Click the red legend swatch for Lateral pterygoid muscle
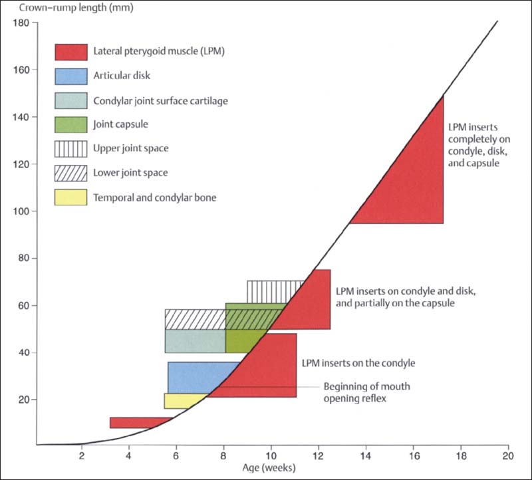pyautogui.click(x=70, y=52)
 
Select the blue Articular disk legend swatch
pyautogui.click(x=70, y=76)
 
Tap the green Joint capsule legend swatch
pyautogui.click(x=70, y=124)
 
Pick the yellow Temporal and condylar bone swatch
pyautogui.click(x=70, y=197)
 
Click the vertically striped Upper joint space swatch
pyautogui.click(x=70, y=148)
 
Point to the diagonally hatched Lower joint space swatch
pyautogui.click(x=70, y=173)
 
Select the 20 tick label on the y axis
pyautogui.click(x=22, y=400)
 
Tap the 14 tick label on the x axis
pyautogui.click(x=365, y=456)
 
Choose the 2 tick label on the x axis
pyautogui.click(x=81, y=456)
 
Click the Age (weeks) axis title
pyautogui.click(x=271, y=468)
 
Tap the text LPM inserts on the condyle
pyautogui.click(x=358, y=364)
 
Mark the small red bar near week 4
pyautogui.click(x=136, y=423)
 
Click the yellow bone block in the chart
pyautogui.click(x=183, y=401)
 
